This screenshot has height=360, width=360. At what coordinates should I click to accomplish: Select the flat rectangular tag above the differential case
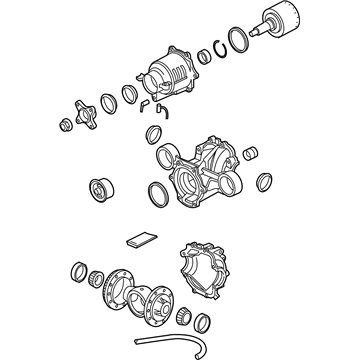(x=139, y=240)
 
